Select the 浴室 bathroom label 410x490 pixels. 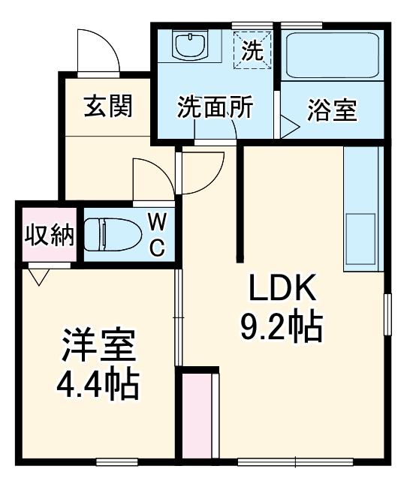[331, 110]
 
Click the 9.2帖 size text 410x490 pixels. [282, 326]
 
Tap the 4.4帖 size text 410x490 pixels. [98, 385]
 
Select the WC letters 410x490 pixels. [156, 235]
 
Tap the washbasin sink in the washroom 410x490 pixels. [190, 47]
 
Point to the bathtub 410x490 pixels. [331, 54]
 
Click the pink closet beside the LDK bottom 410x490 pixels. [197, 413]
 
